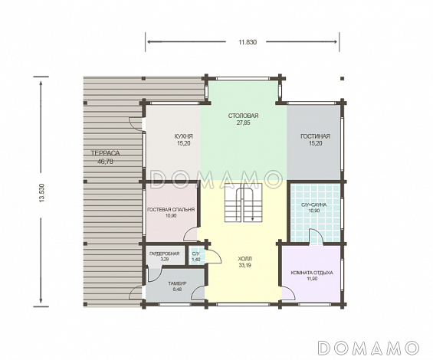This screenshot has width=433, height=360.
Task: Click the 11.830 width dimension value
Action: pyautogui.click(x=248, y=42)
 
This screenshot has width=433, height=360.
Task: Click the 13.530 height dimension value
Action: pyautogui.click(x=42, y=193)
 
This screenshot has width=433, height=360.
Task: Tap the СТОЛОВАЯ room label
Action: pyautogui.click(x=243, y=116)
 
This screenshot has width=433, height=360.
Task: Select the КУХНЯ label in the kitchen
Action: pyautogui.click(x=184, y=136)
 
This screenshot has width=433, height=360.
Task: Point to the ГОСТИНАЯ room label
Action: pyautogui.click(x=315, y=136)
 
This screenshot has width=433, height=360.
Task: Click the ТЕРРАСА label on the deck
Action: pyautogui.click(x=106, y=153)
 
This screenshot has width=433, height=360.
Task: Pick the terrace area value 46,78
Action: pyautogui.click(x=105, y=162)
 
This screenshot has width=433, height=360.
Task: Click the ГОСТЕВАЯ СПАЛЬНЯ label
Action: pyautogui.click(x=171, y=210)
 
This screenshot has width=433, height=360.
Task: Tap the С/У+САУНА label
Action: pyautogui.click(x=314, y=205)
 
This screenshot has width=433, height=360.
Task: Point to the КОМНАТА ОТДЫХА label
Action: pyautogui.click(x=312, y=273)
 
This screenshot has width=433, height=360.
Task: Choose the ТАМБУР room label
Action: pyautogui.click(x=177, y=283)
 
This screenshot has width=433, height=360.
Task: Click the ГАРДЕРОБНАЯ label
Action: pyautogui.click(x=164, y=254)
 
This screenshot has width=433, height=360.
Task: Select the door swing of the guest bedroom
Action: pyautogui.click(x=192, y=234)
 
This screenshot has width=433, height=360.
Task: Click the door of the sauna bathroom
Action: pyautogui.click(x=317, y=237)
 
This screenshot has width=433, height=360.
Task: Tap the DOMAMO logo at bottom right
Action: pyautogui.click(x=368, y=347)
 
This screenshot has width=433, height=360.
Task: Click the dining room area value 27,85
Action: pyautogui.click(x=243, y=123)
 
